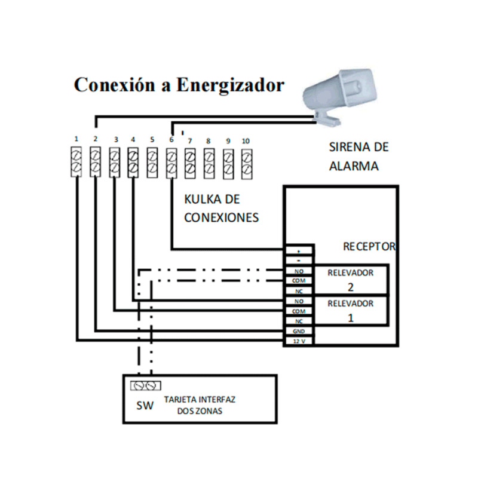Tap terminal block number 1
(76, 163)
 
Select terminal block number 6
(171, 163)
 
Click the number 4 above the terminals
(133, 140)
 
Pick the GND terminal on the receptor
(299, 331)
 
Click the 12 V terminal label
(299, 341)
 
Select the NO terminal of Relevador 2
(299, 271)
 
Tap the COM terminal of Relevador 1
(299, 311)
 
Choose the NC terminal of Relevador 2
(299, 291)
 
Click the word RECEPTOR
(369, 246)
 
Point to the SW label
(144, 406)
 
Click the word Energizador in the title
(229, 85)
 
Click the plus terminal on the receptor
(299, 251)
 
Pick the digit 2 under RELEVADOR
(351, 286)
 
